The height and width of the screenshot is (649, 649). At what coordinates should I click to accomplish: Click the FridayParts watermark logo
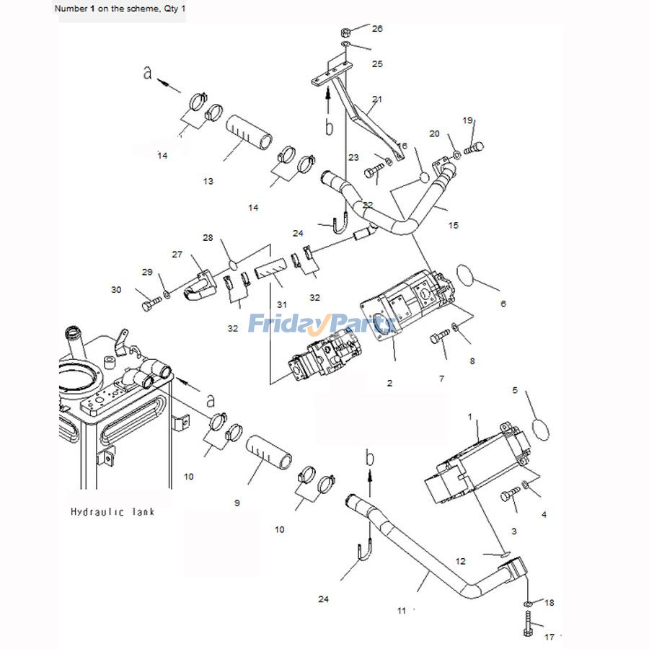[322, 323]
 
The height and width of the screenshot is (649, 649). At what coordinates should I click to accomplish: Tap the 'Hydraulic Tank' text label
[112, 512]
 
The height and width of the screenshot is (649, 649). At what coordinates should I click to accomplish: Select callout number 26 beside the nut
[377, 29]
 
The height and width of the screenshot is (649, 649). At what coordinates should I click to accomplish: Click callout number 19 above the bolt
[467, 120]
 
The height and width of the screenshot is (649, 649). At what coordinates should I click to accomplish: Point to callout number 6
[503, 304]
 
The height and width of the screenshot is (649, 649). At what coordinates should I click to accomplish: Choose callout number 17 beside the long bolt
[549, 637]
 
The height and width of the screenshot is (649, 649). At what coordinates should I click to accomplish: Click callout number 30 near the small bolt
[116, 290]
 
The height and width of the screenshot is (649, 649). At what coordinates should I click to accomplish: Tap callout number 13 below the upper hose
[208, 181]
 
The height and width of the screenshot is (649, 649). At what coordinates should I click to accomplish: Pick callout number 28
[208, 237]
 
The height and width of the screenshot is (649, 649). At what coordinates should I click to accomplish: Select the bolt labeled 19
[474, 148]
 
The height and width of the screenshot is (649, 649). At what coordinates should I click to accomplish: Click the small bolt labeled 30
[152, 304]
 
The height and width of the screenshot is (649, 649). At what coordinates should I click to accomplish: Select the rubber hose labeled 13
[250, 133]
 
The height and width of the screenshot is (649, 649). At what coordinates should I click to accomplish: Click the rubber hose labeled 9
[269, 452]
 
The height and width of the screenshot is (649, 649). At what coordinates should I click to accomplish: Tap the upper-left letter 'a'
[147, 73]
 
